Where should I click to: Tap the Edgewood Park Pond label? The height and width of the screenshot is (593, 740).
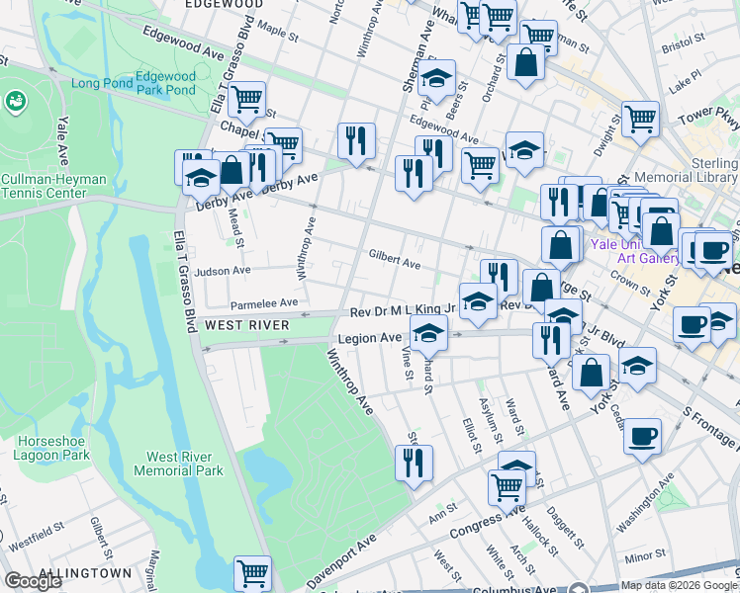coord(165,83)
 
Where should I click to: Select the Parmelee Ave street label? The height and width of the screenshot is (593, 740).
coord(263,303)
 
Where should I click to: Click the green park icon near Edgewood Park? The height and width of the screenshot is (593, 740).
coord(16,100)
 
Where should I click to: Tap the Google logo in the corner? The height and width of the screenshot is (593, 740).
coord(33,581)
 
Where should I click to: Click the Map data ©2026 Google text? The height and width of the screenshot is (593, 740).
coord(678,586)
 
